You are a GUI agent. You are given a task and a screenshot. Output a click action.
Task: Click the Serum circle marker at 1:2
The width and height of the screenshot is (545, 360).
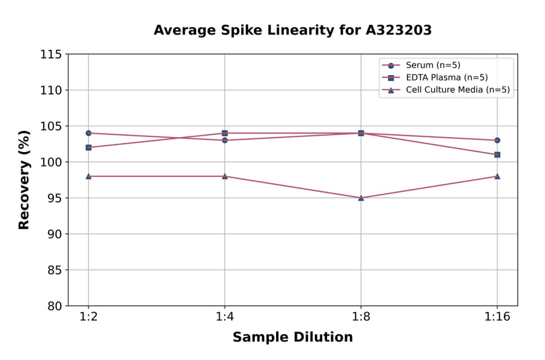[x=88, y=133]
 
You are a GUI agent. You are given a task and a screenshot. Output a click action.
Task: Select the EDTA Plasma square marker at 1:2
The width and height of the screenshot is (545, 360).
[x=88, y=147]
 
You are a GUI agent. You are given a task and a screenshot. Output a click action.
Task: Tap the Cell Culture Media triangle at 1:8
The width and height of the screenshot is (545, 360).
[x=361, y=198]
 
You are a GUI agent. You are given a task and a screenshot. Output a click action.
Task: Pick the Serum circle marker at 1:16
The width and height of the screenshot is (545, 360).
[x=497, y=140]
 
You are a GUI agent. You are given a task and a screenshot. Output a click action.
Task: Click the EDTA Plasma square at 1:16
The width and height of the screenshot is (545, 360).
[x=497, y=155]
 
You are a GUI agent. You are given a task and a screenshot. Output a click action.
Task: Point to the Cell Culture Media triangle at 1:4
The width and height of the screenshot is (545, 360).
[x=225, y=176]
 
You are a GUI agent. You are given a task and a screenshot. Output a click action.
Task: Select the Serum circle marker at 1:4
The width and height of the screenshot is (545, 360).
[x=225, y=140]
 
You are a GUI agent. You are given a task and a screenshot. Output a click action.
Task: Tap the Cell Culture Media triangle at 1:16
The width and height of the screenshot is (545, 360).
[x=497, y=176]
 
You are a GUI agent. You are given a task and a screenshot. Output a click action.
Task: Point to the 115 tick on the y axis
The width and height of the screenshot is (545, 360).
[x=51, y=55]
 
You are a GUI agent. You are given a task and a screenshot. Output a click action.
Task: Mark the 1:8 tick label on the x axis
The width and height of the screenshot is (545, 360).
[x=361, y=316]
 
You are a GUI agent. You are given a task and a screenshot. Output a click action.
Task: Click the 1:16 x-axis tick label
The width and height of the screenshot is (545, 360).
[x=497, y=316]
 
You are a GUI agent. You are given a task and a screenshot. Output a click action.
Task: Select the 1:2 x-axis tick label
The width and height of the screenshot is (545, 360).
[x=88, y=316]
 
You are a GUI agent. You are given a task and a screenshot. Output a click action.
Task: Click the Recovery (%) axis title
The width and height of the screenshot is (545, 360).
[x=24, y=180]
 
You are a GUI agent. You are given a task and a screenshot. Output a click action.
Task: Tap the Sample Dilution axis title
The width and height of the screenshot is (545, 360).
[x=292, y=338]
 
